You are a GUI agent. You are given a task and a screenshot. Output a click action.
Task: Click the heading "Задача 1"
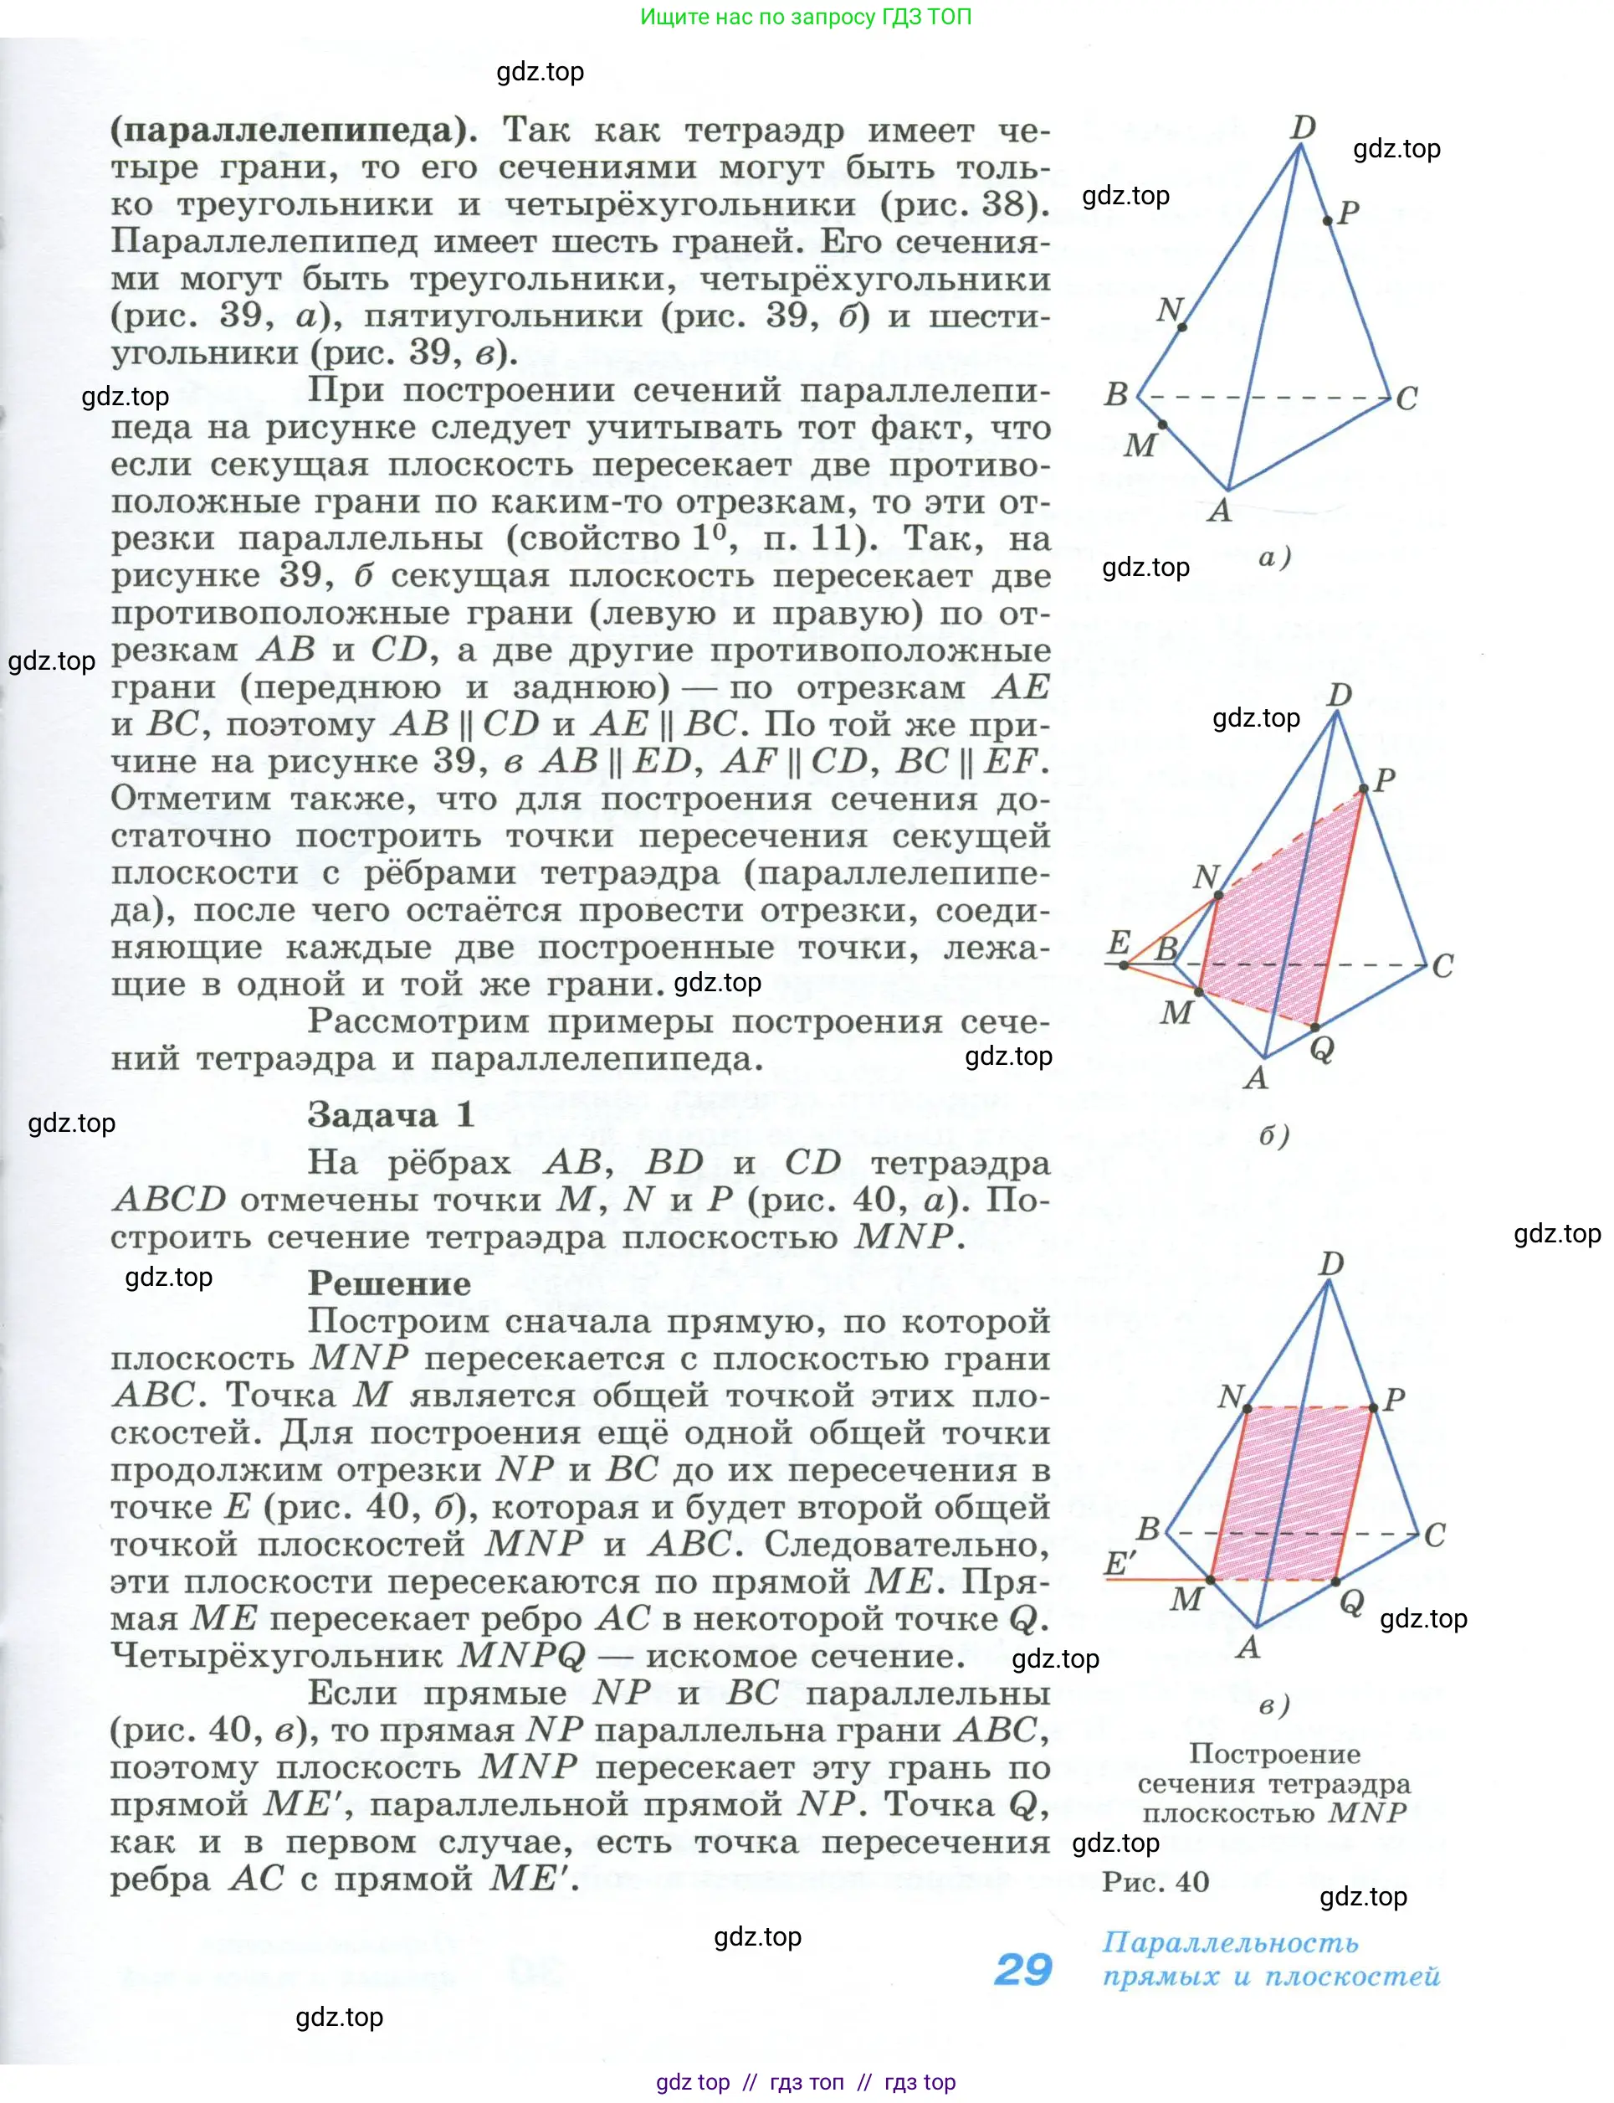click(390, 1115)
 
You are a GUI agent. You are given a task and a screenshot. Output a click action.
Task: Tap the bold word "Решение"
click(389, 1283)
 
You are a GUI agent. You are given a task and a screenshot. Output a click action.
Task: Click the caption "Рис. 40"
click(1155, 1882)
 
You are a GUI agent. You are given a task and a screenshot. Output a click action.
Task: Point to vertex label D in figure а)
click(1304, 127)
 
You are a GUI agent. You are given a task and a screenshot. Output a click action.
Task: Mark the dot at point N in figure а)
click(1182, 327)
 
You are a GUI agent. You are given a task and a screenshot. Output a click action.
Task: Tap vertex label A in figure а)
click(1219, 509)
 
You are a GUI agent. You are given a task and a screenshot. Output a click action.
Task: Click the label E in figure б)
click(1119, 943)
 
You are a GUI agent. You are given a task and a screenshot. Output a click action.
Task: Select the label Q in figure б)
click(1322, 1050)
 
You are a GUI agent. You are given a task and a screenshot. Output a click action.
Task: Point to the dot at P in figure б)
click(1363, 790)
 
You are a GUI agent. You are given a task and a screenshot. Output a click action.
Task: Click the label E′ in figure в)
click(1120, 1564)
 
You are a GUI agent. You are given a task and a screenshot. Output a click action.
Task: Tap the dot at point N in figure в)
click(1247, 1408)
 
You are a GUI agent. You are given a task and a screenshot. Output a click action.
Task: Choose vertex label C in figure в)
click(1434, 1535)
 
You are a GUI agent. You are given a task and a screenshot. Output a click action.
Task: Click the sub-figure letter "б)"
click(1274, 1135)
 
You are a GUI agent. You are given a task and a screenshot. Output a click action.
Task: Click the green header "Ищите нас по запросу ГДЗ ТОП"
click(805, 18)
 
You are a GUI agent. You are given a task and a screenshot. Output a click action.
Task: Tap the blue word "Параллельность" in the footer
click(1230, 1942)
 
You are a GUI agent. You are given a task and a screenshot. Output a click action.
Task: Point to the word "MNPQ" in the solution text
click(521, 1655)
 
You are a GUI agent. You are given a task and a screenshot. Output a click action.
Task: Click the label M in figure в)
click(1186, 1598)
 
